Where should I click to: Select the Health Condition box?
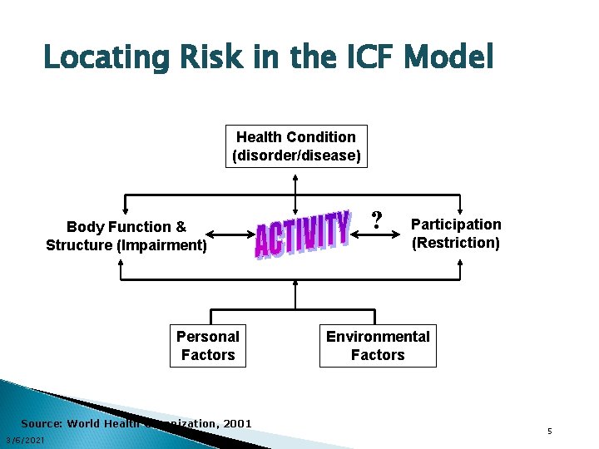click(296, 146)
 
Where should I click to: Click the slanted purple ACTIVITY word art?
click(301, 234)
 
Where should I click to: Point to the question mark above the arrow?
click(377, 220)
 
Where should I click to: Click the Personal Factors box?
click(208, 345)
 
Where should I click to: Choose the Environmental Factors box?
click(378, 345)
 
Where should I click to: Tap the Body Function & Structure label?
click(126, 235)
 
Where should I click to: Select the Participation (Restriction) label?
click(456, 234)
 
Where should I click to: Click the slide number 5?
click(550, 431)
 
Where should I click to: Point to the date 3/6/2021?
click(25, 439)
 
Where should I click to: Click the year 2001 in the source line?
click(236, 423)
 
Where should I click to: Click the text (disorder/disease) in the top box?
click(296, 155)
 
